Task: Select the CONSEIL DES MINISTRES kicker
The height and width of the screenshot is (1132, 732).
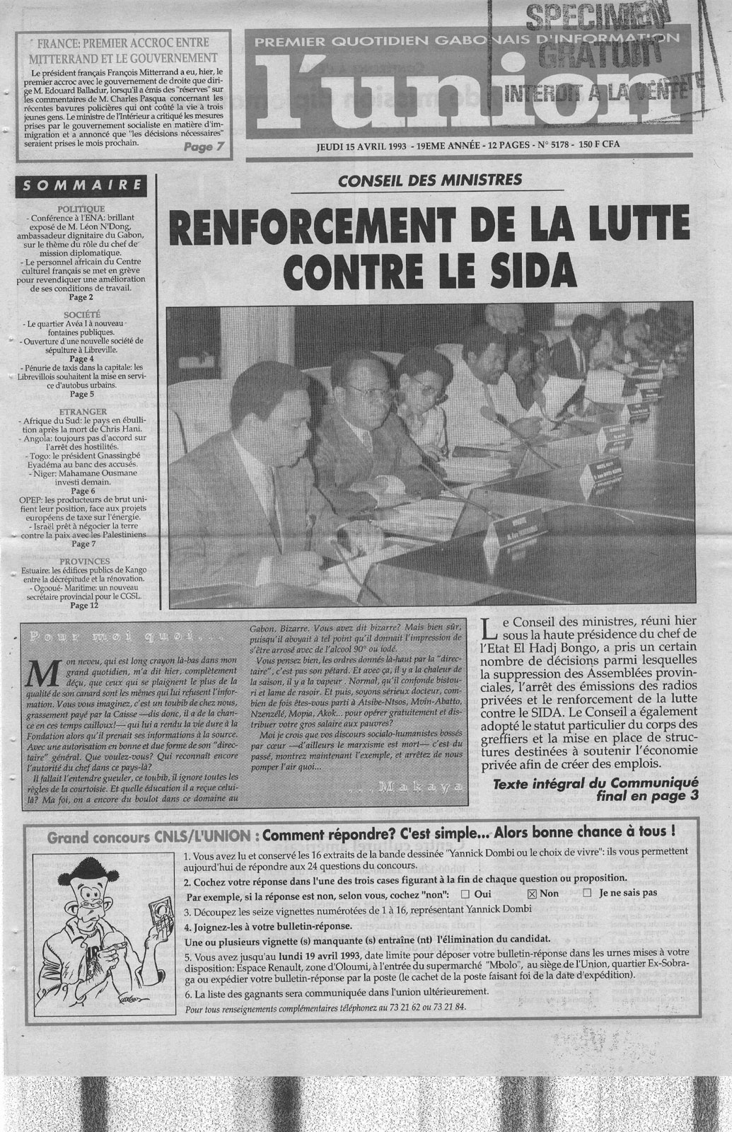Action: click(x=430, y=180)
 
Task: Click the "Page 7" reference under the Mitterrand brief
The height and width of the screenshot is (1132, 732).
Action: click(x=203, y=148)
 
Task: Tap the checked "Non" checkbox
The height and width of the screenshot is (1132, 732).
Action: click(x=533, y=893)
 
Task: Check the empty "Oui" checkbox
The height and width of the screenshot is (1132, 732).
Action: click(x=465, y=893)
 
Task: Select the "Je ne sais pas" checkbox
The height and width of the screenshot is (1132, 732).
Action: click(x=587, y=893)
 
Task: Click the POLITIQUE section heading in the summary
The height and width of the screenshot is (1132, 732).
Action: click(x=82, y=209)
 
